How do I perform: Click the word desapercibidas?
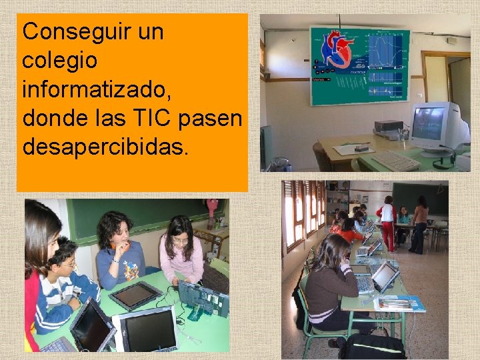pyautogui.click(x=105, y=147)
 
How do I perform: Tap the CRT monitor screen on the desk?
pyautogui.click(x=429, y=123)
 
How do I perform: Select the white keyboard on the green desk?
pyautogui.click(x=395, y=161)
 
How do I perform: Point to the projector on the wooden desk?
pyautogui.click(x=389, y=126)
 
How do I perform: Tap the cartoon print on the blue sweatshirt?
pyautogui.click(x=130, y=269)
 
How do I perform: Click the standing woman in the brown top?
pyautogui.click(x=420, y=223)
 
